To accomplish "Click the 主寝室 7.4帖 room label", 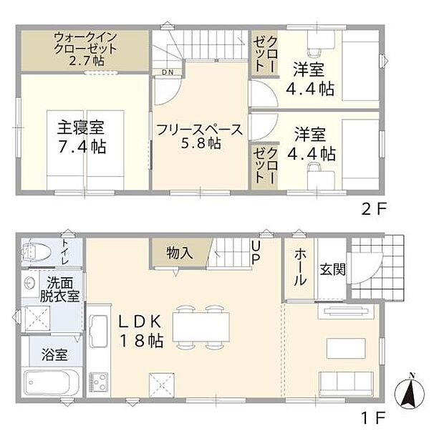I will point(82,137).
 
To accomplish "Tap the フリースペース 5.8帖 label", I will point(200,136).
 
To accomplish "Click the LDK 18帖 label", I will point(141,330).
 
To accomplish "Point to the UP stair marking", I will point(256,252).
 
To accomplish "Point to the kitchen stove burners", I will point(97,380).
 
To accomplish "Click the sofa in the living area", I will point(344,383).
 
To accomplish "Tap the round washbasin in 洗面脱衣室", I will point(29,281).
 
